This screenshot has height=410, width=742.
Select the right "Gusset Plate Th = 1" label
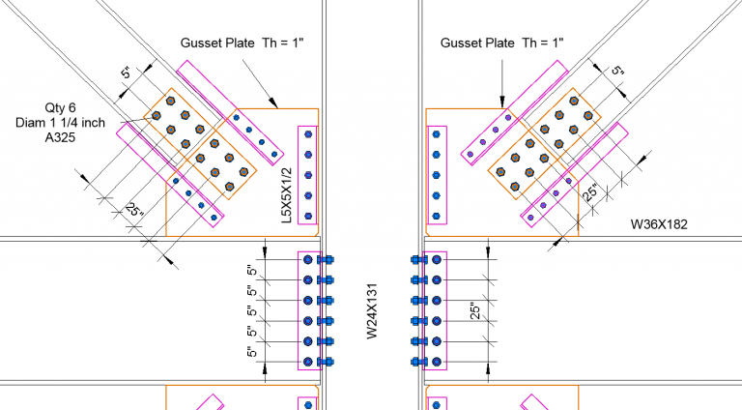[501, 43]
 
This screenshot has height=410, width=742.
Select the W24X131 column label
[372, 309]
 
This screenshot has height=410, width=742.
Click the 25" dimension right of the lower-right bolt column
[474, 309]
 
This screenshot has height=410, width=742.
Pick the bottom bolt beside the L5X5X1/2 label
[308, 216]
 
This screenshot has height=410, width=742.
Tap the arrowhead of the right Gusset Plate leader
[501, 102]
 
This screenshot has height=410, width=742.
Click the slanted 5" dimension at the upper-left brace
[126, 73]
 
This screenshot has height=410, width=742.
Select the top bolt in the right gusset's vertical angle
[436, 133]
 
